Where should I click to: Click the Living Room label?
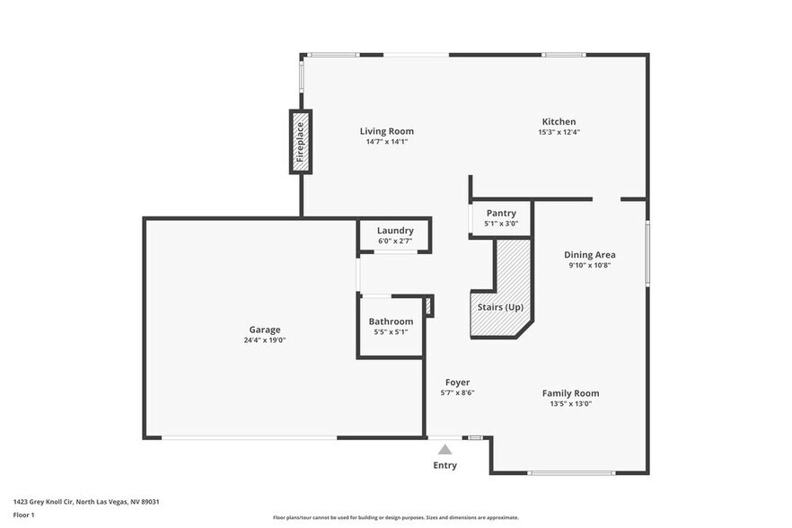click(x=387, y=131)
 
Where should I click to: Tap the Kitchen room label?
click(x=559, y=122)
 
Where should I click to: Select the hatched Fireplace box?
click(x=301, y=142)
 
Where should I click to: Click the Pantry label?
click(x=501, y=213)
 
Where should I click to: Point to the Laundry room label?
click(x=395, y=231)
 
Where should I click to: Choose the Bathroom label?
click(x=391, y=321)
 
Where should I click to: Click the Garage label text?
click(x=265, y=330)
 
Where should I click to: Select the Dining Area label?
click(x=590, y=255)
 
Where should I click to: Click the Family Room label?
click(x=570, y=393)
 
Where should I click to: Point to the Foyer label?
click(x=457, y=383)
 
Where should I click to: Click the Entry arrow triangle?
click(x=444, y=449)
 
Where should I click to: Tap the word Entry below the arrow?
click(x=444, y=465)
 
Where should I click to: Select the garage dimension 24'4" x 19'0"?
click(x=265, y=340)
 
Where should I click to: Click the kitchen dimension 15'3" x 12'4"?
click(x=559, y=133)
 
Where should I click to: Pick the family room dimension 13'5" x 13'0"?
click(x=570, y=404)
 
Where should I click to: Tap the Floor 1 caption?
click(x=24, y=515)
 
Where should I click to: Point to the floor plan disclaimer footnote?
click(x=395, y=517)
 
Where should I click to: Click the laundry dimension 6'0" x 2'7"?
click(x=395, y=241)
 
